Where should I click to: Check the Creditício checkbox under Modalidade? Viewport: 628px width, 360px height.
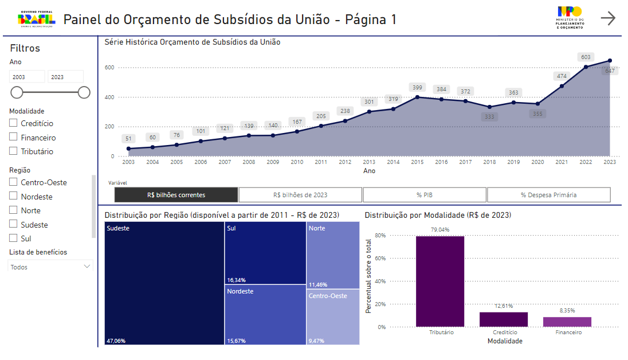click(13, 123)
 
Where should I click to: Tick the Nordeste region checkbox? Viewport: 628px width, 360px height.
click(13, 197)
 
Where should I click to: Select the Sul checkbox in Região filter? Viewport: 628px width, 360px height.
click(13, 238)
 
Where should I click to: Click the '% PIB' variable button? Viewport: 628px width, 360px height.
click(425, 195)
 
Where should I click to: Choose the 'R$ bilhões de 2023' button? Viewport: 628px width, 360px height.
click(300, 195)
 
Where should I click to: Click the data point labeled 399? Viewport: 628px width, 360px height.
click(418, 97)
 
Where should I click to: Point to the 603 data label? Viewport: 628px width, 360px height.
click(586, 57)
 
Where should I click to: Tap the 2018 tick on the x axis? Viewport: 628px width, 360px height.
click(489, 162)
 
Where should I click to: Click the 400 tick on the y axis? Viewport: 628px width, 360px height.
click(109, 97)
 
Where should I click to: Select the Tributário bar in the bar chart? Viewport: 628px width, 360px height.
click(440, 281)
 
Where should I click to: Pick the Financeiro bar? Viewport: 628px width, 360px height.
click(567, 322)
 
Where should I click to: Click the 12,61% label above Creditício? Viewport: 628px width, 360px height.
click(503, 306)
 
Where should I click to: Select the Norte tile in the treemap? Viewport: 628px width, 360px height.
click(333, 252)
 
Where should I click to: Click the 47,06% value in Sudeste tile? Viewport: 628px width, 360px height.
click(116, 341)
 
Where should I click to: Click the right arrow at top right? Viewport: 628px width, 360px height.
click(608, 18)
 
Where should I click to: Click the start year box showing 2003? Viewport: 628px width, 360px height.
click(27, 77)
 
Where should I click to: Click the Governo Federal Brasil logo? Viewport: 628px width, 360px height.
click(37, 19)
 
